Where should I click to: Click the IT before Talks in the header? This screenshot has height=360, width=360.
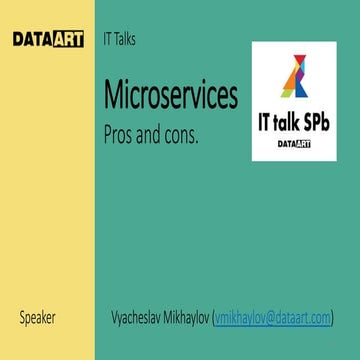coord(107,40)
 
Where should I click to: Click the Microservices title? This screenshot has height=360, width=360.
coord(171,96)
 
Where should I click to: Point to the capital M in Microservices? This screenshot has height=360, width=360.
coord(114,96)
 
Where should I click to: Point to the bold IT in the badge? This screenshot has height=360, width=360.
coord(263,122)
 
